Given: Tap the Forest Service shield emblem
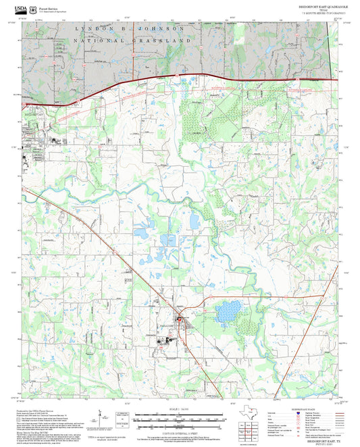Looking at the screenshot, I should tap(34, 5).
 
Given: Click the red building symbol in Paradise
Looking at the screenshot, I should tap(179, 318).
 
